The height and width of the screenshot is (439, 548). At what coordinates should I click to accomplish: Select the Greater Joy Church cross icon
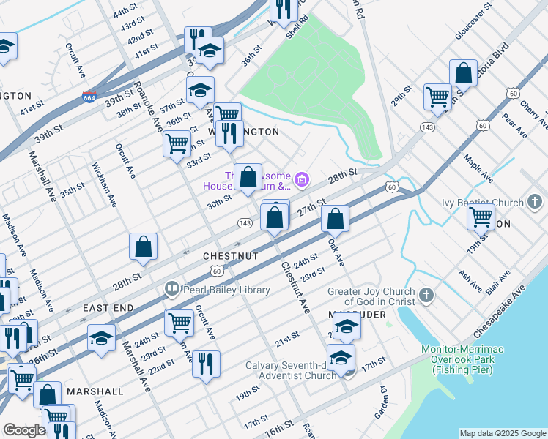click(427, 296)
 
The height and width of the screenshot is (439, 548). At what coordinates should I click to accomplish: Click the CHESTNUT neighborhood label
click(231, 256)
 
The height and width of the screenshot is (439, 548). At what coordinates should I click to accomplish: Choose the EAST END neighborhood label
click(108, 308)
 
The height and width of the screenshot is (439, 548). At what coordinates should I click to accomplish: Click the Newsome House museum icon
click(301, 179)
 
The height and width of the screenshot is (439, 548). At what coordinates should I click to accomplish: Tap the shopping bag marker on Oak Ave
click(335, 218)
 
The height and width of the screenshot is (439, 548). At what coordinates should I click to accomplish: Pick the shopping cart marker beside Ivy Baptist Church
click(481, 216)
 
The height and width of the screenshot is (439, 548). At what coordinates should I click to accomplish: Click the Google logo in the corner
click(25, 430)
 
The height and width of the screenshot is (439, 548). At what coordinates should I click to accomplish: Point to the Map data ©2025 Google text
click(503, 432)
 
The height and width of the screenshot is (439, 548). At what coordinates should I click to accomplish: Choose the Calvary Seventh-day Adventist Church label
click(289, 370)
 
